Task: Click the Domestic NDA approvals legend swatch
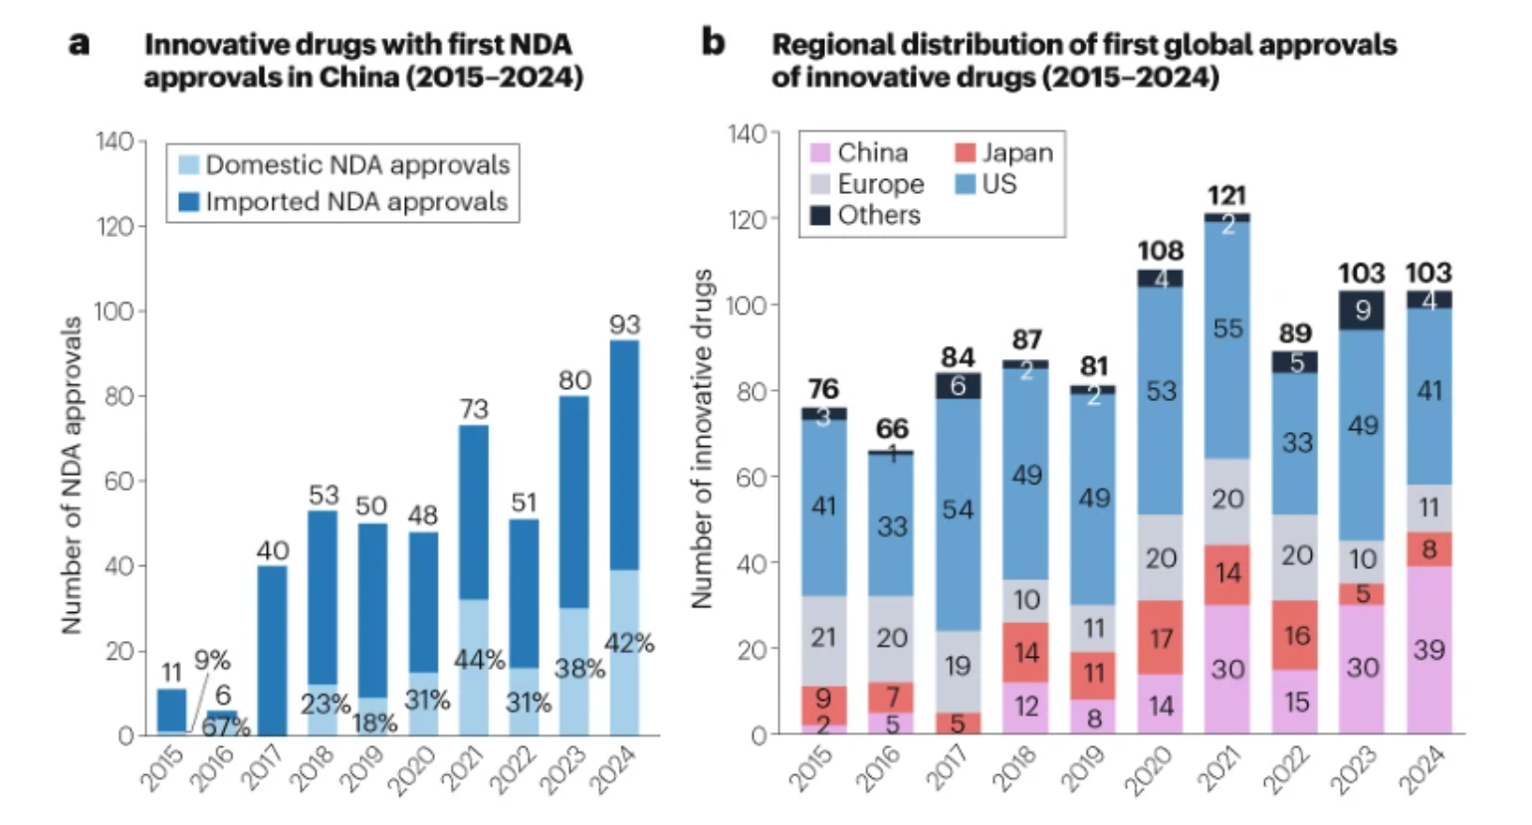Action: pos(189,165)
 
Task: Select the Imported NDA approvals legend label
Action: pos(356,202)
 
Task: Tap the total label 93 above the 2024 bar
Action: pos(625,324)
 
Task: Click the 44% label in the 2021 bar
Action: pos(480,659)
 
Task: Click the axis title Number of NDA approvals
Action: pos(72,475)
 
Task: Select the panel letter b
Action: pos(713,43)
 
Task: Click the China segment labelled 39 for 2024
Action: pos(1428,650)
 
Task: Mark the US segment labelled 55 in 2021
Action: pos(1227,328)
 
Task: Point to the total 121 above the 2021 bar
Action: pos(1226,195)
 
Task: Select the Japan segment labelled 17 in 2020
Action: pos(1161,637)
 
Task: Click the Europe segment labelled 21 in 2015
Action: pos(823,637)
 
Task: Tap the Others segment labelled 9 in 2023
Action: pos(1362,310)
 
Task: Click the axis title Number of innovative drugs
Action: pos(702,438)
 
